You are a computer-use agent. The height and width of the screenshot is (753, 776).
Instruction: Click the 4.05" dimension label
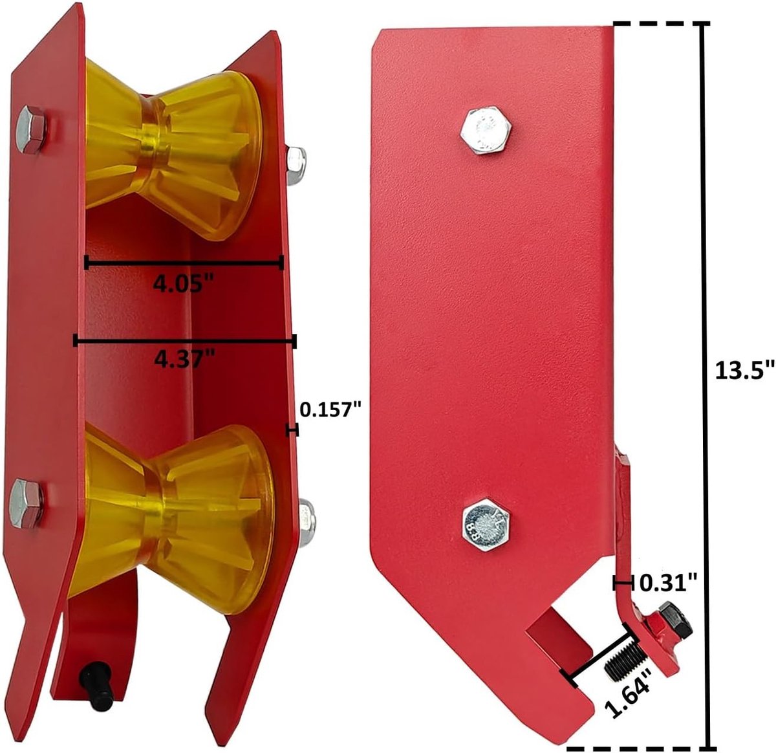[184, 284]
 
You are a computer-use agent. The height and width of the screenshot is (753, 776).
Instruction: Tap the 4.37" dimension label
[185, 358]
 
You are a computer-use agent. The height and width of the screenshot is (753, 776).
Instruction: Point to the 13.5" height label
[744, 370]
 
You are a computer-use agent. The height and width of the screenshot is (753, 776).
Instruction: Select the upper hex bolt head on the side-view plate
[486, 130]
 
